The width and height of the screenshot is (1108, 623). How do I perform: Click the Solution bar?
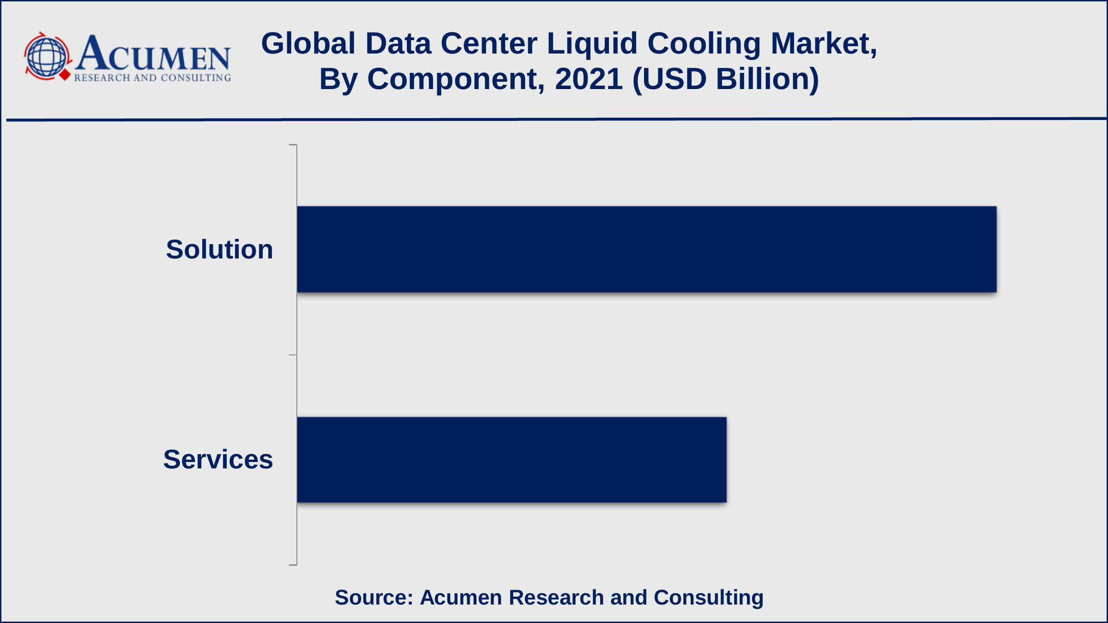pyautogui.click(x=646, y=249)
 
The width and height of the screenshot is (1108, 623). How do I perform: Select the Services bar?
pyautogui.click(x=512, y=460)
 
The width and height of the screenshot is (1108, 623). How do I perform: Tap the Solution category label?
pyautogui.click(x=219, y=250)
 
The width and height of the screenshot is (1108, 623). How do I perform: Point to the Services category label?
pyautogui.click(x=218, y=460)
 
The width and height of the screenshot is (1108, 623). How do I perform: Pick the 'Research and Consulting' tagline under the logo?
pyautogui.click(x=152, y=78)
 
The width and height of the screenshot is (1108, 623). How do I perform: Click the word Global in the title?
pyautogui.click(x=308, y=44)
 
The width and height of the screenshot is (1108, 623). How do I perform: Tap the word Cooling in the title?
pyautogui.click(x=704, y=44)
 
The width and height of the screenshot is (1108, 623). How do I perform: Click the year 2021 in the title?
pyautogui.click(x=589, y=79)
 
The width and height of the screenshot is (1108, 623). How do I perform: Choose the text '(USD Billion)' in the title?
pyautogui.click(x=725, y=79)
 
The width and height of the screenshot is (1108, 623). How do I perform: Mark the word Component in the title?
pyautogui.click(x=455, y=79)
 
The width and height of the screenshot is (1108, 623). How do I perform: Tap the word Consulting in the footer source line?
pyautogui.click(x=708, y=597)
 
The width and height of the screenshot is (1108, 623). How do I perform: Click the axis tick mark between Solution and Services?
pyautogui.click(x=293, y=355)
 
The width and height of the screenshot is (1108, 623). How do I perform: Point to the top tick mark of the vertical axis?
pyautogui.click(x=293, y=145)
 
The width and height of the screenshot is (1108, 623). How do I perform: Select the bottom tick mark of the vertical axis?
pyautogui.click(x=293, y=564)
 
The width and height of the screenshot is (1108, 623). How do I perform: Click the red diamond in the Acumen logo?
pyautogui.click(x=65, y=75)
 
